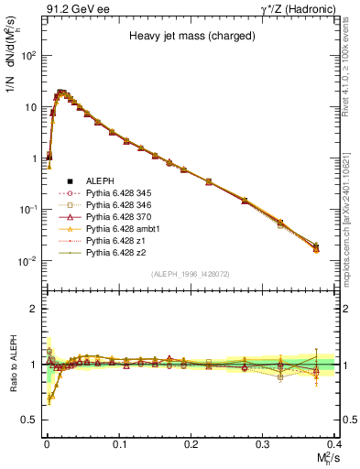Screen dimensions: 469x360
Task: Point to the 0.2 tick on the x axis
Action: [191, 442]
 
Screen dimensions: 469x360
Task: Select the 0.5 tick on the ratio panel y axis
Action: [35, 420]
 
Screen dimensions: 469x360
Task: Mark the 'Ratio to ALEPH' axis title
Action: [13, 364]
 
